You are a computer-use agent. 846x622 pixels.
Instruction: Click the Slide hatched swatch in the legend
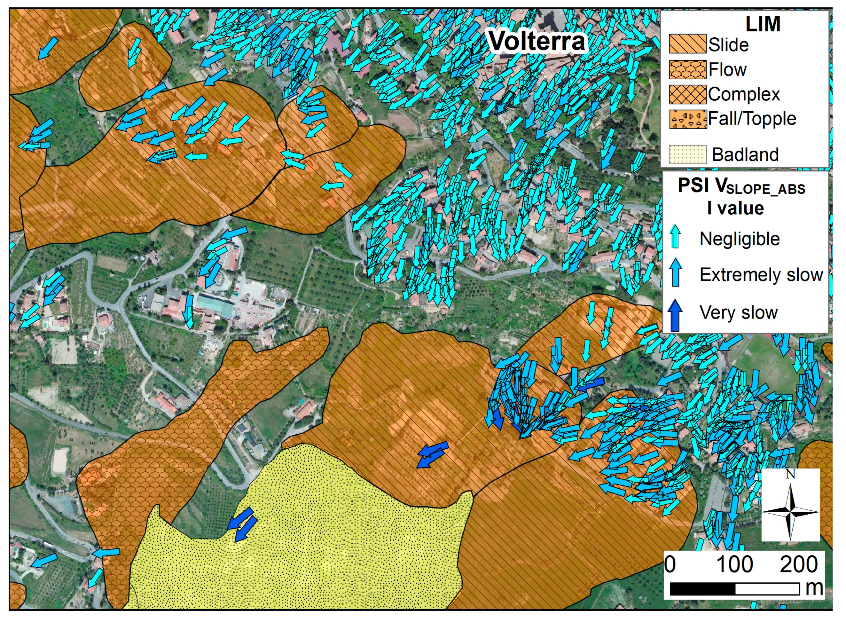pos(687,44)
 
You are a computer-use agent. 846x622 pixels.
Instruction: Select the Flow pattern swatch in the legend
pos(687,70)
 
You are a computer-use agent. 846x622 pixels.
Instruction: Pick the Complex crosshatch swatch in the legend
pos(687,94)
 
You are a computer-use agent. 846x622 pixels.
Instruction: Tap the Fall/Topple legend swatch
pos(687,119)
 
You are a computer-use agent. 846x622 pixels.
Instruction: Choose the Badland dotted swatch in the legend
pos(687,154)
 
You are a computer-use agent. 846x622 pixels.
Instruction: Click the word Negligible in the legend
pos(740,239)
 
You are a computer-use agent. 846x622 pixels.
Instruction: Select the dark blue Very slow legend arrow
pos(675,314)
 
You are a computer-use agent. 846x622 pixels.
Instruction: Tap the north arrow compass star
pos(790,512)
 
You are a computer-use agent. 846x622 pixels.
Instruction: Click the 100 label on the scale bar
pos(734,564)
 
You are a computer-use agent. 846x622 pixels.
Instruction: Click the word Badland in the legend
pos(745,155)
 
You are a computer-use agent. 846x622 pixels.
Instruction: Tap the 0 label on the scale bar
pos(670,564)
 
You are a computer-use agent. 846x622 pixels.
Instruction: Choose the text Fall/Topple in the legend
pos(752,119)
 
